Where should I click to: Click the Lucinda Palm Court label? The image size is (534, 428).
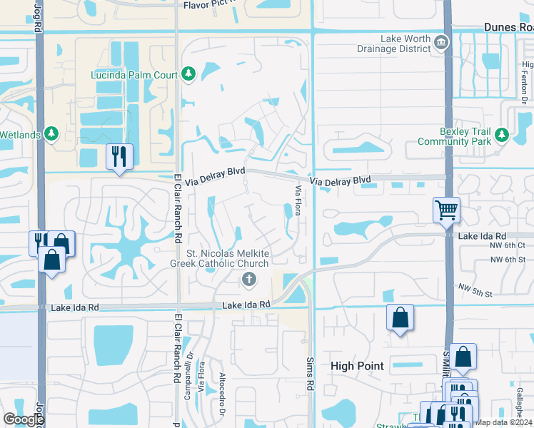[x=134, y=74]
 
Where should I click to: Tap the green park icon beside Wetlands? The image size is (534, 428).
[x=51, y=133]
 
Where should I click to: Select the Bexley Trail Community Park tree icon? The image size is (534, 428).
[x=502, y=134]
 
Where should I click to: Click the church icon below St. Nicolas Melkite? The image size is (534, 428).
[x=248, y=279]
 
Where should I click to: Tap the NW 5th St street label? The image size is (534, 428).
[x=475, y=290]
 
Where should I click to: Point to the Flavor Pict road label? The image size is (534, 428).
[x=211, y=5]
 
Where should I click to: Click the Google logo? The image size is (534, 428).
[x=24, y=420]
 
